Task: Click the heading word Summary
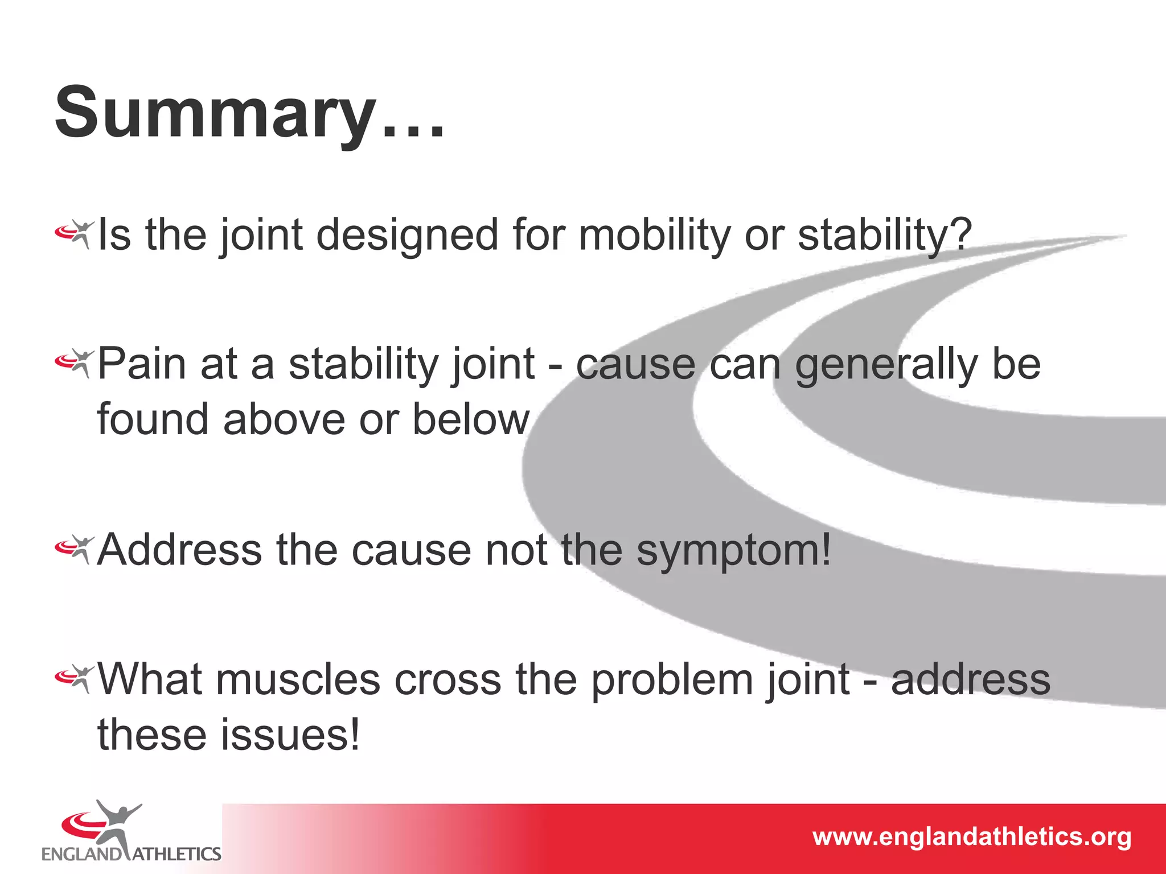click(x=216, y=112)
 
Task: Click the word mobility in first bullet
click(x=654, y=235)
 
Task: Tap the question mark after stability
click(x=961, y=235)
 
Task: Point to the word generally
click(x=886, y=365)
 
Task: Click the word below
click(x=471, y=419)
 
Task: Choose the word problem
click(x=672, y=680)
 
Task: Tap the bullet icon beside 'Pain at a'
click(x=74, y=363)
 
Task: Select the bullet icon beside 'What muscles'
click(x=74, y=678)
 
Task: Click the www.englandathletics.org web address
click(x=971, y=837)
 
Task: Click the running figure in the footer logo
click(x=117, y=825)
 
